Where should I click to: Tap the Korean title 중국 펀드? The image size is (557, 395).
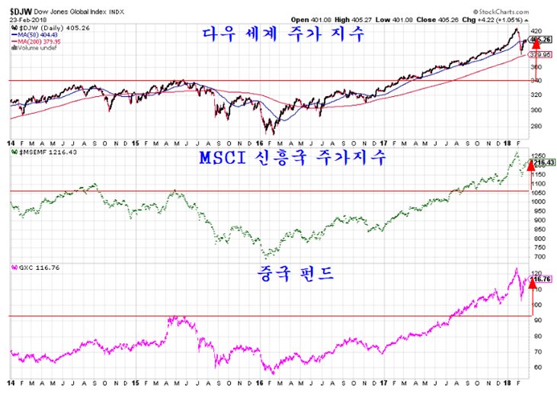[x=282, y=273]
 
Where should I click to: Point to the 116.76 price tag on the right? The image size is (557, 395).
[x=539, y=279]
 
